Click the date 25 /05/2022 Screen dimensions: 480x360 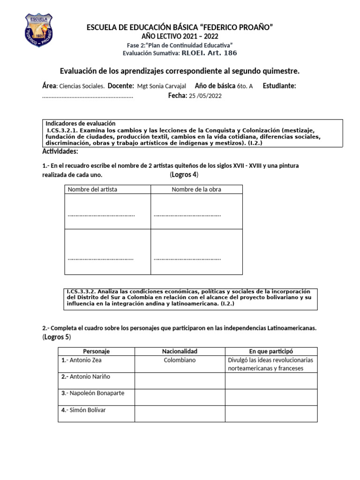(205, 96)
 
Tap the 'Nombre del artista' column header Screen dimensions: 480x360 (93, 189)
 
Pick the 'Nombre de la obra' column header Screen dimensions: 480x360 (196, 189)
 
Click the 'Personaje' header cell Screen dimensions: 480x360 (96, 351)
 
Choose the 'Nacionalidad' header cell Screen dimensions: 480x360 (180, 351)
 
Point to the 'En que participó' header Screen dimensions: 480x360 (271, 351)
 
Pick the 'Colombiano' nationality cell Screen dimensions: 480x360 (180, 360)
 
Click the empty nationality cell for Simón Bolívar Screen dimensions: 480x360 (180, 413)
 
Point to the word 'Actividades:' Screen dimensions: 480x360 (60, 151)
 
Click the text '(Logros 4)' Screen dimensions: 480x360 (184, 175)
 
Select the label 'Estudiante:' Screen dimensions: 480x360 (279, 86)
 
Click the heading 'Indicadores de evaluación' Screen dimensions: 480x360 (80, 123)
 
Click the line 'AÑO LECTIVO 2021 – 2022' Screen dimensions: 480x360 (180, 37)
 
